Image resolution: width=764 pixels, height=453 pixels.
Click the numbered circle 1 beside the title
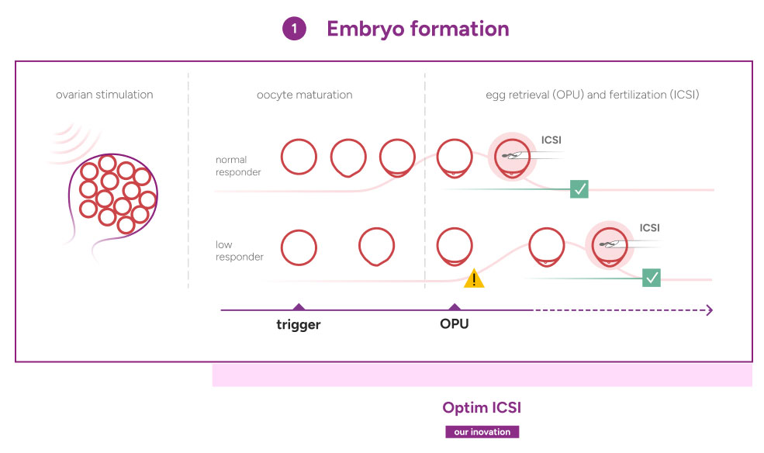pyautogui.click(x=294, y=29)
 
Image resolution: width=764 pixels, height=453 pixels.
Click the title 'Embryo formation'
pyautogui.click(x=418, y=29)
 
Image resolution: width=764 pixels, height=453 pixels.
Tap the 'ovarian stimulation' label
pyautogui.click(x=104, y=95)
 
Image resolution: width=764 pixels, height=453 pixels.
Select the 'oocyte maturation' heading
pyautogui.click(x=305, y=95)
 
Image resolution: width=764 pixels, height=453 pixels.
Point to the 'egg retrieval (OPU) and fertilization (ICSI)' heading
pyautogui.click(x=593, y=95)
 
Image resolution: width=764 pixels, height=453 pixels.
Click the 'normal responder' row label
pyautogui.click(x=238, y=166)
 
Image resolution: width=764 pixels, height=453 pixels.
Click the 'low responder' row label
pyautogui.click(x=239, y=251)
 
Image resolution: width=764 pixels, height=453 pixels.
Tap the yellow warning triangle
pyautogui.click(x=474, y=278)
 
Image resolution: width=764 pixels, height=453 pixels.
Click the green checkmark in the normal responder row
pyautogui.click(x=579, y=189)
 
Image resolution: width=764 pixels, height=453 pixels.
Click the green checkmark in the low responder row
pyautogui.click(x=652, y=278)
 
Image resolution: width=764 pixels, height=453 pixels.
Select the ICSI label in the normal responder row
pyautogui.click(x=551, y=140)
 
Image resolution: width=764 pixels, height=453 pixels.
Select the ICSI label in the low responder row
pyautogui.click(x=649, y=228)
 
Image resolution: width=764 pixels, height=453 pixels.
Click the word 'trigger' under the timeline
pyautogui.click(x=298, y=324)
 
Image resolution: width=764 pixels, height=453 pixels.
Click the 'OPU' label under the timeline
pyautogui.click(x=454, y=324)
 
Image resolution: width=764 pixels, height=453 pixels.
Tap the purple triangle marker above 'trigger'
pyautogui.click(x=299, y=306)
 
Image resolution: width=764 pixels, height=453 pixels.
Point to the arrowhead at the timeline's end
pyautogui.click(x=710, y=310)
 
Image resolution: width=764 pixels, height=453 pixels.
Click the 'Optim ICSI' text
pyautogui.click(x=482, y=407)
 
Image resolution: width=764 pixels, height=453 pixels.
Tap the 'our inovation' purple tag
pyautogui.click(x=482, y=432)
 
